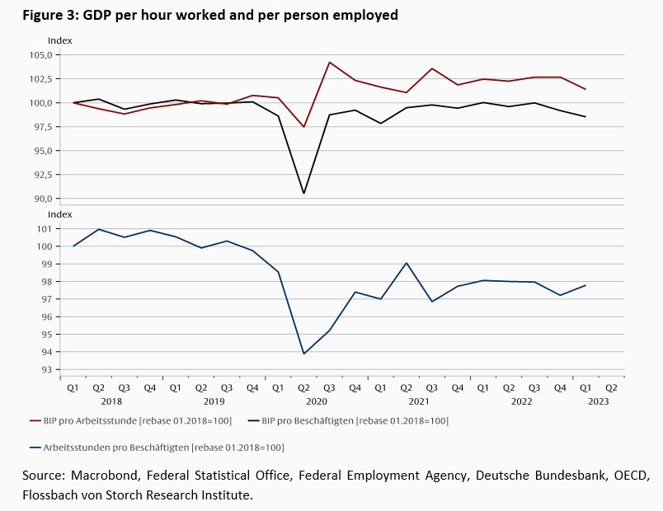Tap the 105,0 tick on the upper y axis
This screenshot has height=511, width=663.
(40, 55)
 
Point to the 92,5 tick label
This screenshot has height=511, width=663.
(41, 175)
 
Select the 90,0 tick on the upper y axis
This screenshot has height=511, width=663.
(41, 199)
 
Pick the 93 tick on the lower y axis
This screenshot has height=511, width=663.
(46, 370)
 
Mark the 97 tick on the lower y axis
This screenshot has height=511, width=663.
(46, 299)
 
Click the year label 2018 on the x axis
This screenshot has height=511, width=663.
(112, 401)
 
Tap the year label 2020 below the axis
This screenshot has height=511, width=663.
(317, 401)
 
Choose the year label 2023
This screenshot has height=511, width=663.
(598, 401)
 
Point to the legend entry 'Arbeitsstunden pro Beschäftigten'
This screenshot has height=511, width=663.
(157, 448)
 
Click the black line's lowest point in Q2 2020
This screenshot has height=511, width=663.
(304, 194)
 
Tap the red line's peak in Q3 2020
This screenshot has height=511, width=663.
(330, 63)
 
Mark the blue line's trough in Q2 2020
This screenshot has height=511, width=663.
(304, 354)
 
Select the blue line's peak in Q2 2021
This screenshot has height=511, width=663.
(407, 263)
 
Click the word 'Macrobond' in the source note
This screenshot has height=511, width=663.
(105, 476)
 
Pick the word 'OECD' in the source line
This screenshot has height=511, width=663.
(632, 476)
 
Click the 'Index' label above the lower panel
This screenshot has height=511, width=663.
(60, 215)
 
